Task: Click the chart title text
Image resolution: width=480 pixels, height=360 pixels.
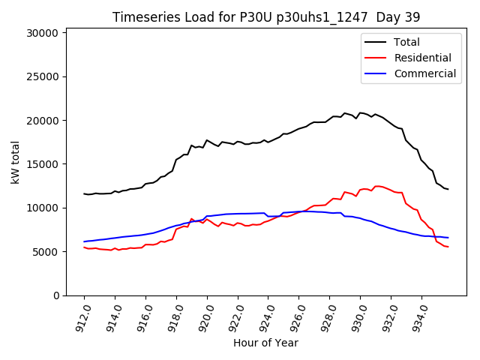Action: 266,16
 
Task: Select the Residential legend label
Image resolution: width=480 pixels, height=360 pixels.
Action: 422,58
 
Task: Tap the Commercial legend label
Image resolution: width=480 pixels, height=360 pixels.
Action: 424,73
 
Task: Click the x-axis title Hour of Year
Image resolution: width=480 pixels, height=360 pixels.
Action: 265,343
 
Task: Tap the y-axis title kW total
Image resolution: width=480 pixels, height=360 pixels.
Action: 16,162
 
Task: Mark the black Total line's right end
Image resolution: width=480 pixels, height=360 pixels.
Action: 448,189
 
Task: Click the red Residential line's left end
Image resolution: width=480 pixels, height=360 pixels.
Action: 84,247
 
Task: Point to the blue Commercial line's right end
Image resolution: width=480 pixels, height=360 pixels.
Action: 448,238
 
